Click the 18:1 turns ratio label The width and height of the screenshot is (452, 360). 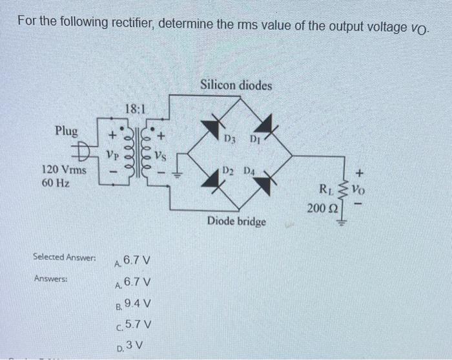(x=135, y=111)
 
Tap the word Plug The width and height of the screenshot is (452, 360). (x=66, y=131)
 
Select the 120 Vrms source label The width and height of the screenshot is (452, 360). (x=65, y=170)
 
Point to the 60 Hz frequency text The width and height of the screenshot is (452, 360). (x=55, y=183)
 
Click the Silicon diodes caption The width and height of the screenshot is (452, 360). (x=236, y=85)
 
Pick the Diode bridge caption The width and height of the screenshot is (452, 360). (x=236, y=222)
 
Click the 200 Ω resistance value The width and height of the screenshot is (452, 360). (x=320, y=208)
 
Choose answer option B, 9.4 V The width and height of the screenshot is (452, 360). (x=138, y=304)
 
